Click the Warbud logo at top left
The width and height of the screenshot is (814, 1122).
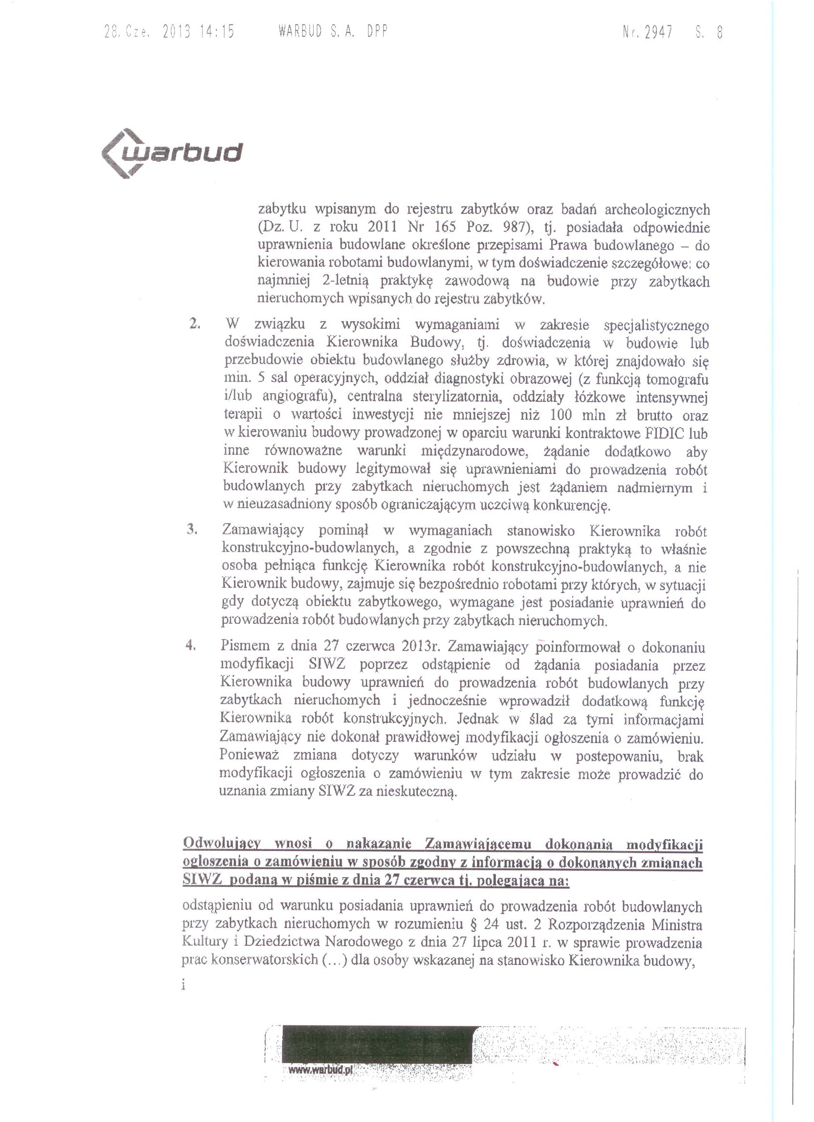(171, 153)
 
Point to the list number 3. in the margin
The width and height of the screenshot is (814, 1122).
(192, 530)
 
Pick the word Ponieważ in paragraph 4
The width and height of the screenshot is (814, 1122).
(249, 756)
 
